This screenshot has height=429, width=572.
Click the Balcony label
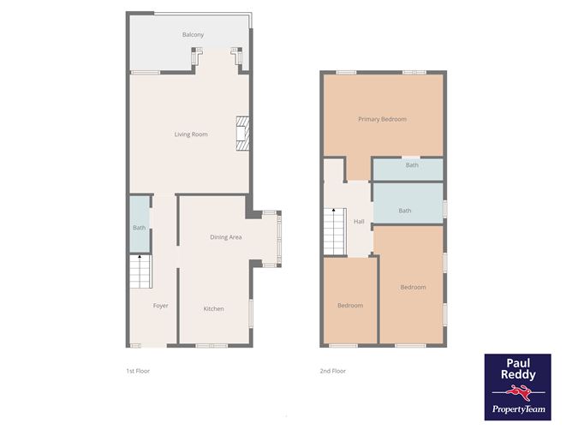pos(193,34)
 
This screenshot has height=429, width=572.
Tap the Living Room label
pos(191,134)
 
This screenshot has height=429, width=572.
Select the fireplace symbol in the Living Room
pos(242,133)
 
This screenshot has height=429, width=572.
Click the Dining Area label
pos(226,237)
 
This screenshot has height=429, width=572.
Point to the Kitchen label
pos(213,308)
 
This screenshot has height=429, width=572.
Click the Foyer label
pos(160,306)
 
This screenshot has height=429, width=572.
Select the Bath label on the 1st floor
pos(139,228)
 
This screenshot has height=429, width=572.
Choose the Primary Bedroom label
pos(382,119)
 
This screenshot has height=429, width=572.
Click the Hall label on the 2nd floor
pos(359,222)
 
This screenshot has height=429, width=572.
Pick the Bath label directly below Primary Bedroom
pos(412,165)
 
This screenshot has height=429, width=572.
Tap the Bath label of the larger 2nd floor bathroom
pos(405,211)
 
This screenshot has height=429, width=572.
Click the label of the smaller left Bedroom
pos(349,306)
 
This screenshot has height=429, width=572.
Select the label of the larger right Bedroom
pos(413,287)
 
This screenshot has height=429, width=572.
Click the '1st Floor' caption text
pos(137,372)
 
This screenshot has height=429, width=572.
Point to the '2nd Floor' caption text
pos(332,372)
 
